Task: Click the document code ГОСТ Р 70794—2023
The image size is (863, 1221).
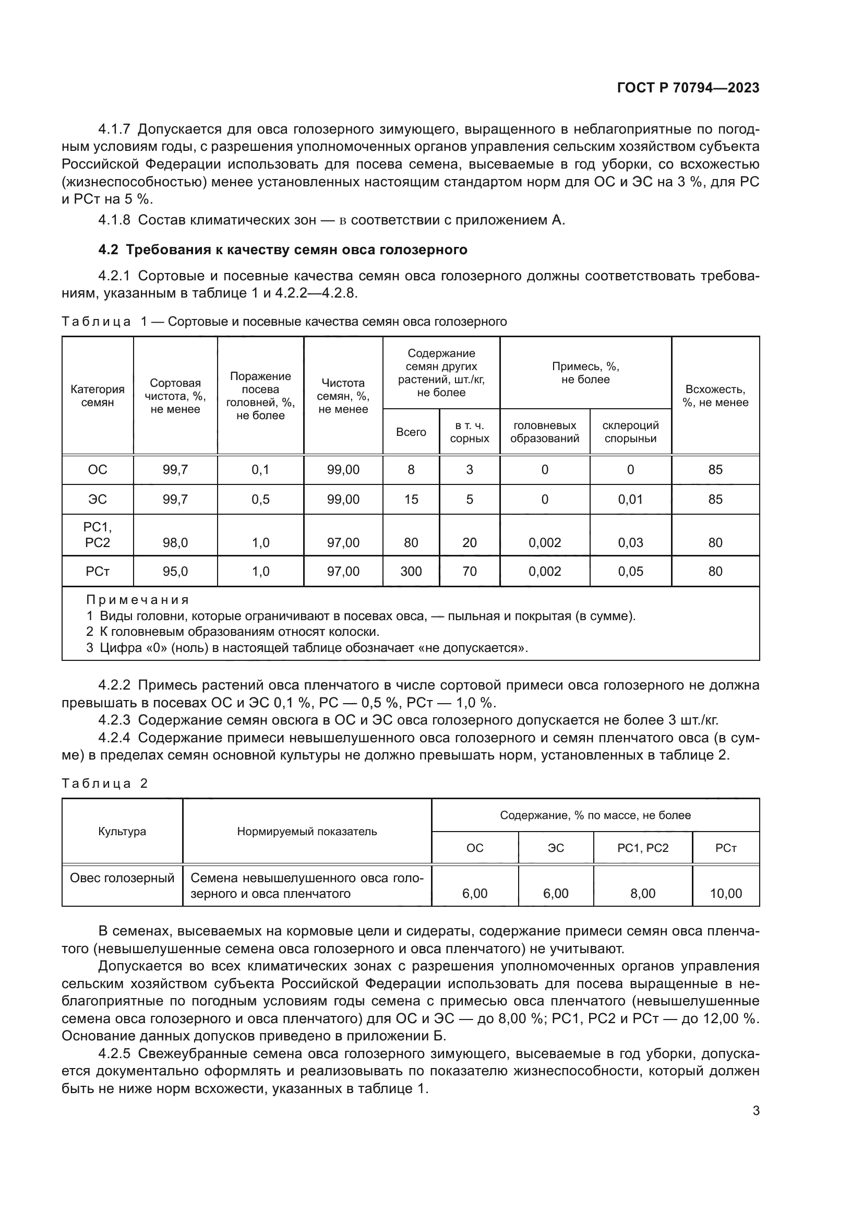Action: (x=688, y=88)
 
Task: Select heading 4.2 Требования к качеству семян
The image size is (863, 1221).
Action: (x=283, y=250)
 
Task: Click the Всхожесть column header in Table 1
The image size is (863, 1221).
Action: (x=715, y=396)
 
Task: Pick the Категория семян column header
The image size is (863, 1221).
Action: (x=97, y=396)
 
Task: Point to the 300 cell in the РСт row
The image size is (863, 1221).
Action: (x=411, y=571)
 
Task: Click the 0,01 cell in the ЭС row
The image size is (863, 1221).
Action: (x=630, y=500)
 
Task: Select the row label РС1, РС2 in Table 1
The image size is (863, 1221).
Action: (x=97, y=535)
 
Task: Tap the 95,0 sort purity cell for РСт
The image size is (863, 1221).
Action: (x=175, y=571)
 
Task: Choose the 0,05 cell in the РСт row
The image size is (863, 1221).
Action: (x=630, y=571)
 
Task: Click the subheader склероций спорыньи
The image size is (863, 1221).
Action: (x=630, y=432)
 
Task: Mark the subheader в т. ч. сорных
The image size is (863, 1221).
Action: (x=469, y=432)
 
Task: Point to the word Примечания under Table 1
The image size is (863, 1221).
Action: (x=138, y=600)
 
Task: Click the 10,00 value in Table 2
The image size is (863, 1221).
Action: (x=725, y=893)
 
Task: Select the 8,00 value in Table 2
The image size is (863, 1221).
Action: (x=642, y=893)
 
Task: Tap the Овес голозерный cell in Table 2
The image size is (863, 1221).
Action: (x=122, y=878)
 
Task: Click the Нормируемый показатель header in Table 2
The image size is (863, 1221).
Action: (x=307, y=831)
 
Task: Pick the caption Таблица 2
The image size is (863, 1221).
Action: (x=105, y=784)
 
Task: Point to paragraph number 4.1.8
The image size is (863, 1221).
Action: (x=114, y=220)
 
